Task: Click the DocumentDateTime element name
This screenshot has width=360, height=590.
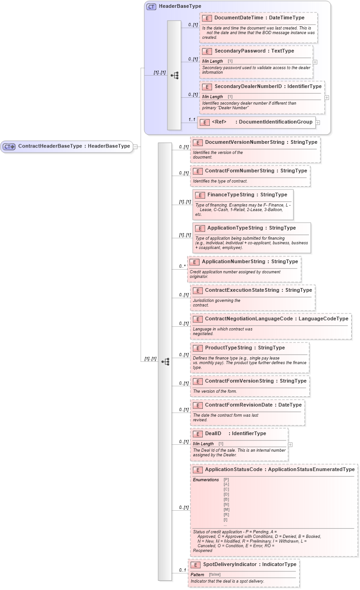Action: (x=238, y=18)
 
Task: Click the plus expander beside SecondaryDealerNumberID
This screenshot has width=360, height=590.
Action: (x=327, y=97)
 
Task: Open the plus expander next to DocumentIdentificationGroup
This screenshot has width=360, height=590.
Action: (x=318, y=123)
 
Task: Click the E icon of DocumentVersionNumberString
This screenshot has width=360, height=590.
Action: (x=198, y=142)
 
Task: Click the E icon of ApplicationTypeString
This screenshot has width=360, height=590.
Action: (x=200, y=228)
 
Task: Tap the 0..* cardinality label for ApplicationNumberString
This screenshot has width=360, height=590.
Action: (x=182, y=266)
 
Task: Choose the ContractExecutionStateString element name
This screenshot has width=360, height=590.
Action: (x=242, y=290)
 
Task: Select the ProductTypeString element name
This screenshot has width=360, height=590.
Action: (x=229, y=348)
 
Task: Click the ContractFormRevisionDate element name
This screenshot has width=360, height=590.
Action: (x=240, y=405)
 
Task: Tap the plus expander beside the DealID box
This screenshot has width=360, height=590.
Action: (x=290, y=445)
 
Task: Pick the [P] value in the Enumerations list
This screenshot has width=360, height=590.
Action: (x=226, y=479)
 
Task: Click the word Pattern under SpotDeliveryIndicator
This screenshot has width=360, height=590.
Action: (x=197, y=574)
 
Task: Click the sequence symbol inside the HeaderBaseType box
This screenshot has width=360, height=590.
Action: (x=174, y=75)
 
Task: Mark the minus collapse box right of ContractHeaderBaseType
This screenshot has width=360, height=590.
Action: (x=136, y=147)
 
